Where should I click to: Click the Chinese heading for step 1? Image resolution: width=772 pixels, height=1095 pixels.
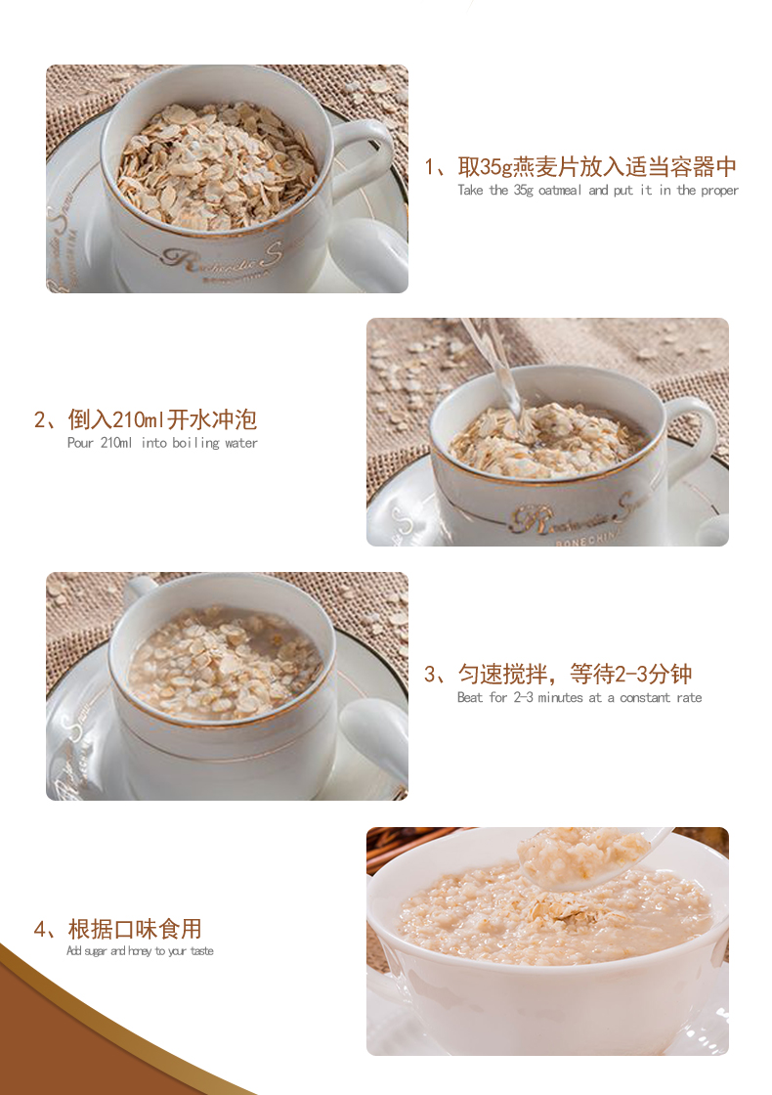click(580, 167)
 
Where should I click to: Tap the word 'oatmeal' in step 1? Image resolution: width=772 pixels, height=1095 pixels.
click(560, 190)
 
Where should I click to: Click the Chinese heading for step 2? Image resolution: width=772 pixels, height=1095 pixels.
click(146, 419)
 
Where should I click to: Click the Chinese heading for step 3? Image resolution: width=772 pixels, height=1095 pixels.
click(558, 674)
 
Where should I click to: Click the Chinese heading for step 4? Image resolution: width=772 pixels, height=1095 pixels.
click(117, 929)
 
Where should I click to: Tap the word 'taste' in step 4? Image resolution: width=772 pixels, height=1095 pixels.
click(201, 951)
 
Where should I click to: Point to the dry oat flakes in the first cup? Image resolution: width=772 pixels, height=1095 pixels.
click(216, 166)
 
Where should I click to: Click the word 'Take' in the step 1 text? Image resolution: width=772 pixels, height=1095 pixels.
click(470, 190)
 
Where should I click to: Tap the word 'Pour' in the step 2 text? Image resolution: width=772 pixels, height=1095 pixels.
click(80, 443)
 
